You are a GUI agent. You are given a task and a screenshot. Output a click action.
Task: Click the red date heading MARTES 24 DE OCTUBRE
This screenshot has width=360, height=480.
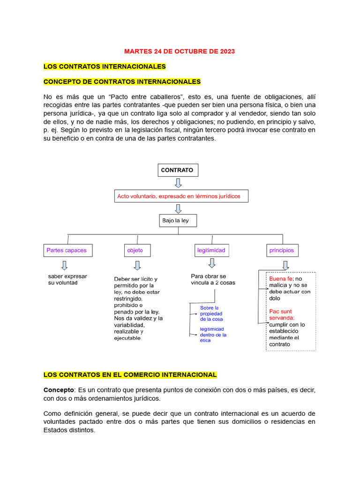(x=180, y=51)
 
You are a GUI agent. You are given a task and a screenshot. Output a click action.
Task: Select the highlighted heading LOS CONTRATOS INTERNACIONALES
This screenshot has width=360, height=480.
(x=105, y=67)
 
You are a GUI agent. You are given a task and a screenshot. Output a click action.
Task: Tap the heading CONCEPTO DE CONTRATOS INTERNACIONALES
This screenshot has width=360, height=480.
(x=122, y=82)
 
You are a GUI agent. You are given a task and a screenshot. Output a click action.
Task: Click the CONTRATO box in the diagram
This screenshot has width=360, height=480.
(x=178, y=170)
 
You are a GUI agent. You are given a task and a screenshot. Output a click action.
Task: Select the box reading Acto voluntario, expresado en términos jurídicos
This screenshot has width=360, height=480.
(x=181, y=196)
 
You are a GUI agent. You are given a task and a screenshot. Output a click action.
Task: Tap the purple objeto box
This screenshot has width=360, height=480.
(x=138, y=250)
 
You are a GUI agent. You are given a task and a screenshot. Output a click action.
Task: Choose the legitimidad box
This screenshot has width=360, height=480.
(x=211, y=250)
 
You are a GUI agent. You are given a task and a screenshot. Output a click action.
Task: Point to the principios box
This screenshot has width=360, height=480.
(x=281, y=250)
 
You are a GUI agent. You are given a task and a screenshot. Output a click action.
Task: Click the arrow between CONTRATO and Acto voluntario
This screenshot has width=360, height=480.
(x=178, y=183)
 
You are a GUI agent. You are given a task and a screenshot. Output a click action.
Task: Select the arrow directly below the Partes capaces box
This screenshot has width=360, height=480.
(x=64, y=265)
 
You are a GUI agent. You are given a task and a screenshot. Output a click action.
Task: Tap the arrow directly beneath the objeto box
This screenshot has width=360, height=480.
(x=137, y=266)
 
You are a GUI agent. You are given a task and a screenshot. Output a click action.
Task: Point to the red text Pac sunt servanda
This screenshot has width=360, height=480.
(x=280, y=315)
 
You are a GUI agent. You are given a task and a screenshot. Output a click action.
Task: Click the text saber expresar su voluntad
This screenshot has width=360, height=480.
(x=67, y=279)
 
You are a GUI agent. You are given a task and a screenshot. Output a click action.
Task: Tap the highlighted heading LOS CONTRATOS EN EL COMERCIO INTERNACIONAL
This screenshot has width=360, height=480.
(x=130, y=375)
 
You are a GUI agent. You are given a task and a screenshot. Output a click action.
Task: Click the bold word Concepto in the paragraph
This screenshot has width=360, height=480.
(x=59, y=390)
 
